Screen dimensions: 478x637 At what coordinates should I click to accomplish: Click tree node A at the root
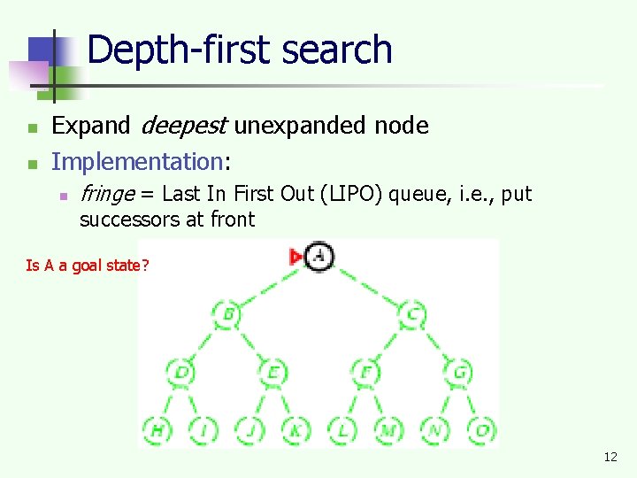(320, 257)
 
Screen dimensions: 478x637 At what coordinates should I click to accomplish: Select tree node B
(227, 313)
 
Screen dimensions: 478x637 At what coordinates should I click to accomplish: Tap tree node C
(413, 313)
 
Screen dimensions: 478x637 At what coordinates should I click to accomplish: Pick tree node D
(180, 372)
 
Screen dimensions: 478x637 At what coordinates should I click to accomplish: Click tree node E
(273, 372)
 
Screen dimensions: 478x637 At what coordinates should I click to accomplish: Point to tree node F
(366, 372)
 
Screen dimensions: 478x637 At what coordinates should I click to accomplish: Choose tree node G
(459, 372)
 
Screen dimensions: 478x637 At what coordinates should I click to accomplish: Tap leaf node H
(157, 430)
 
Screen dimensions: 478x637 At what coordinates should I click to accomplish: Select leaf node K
(295, 430)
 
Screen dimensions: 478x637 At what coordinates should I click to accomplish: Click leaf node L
(342, 430)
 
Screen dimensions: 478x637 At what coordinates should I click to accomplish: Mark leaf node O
(482, 430)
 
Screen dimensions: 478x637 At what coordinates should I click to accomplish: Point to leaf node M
(388, 430)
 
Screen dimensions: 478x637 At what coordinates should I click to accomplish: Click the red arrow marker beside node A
(295, 257)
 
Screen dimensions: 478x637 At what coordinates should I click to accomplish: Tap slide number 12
(610, 457)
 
